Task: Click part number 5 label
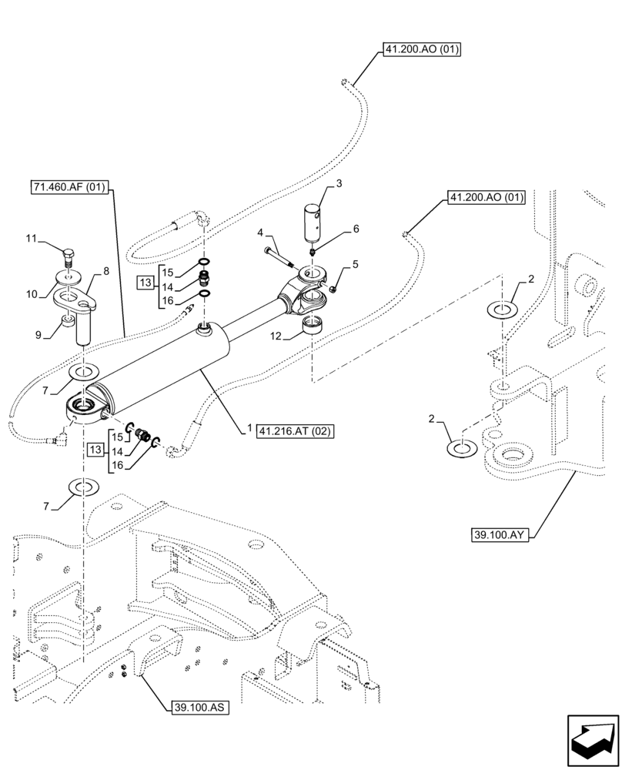[x=355, y=264]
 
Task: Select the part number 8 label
[x=106, y=270]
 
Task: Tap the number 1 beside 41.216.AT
[x=250, y=430]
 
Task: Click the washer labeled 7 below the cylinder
[x=83, y=487]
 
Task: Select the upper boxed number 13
[x=146, y=284]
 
